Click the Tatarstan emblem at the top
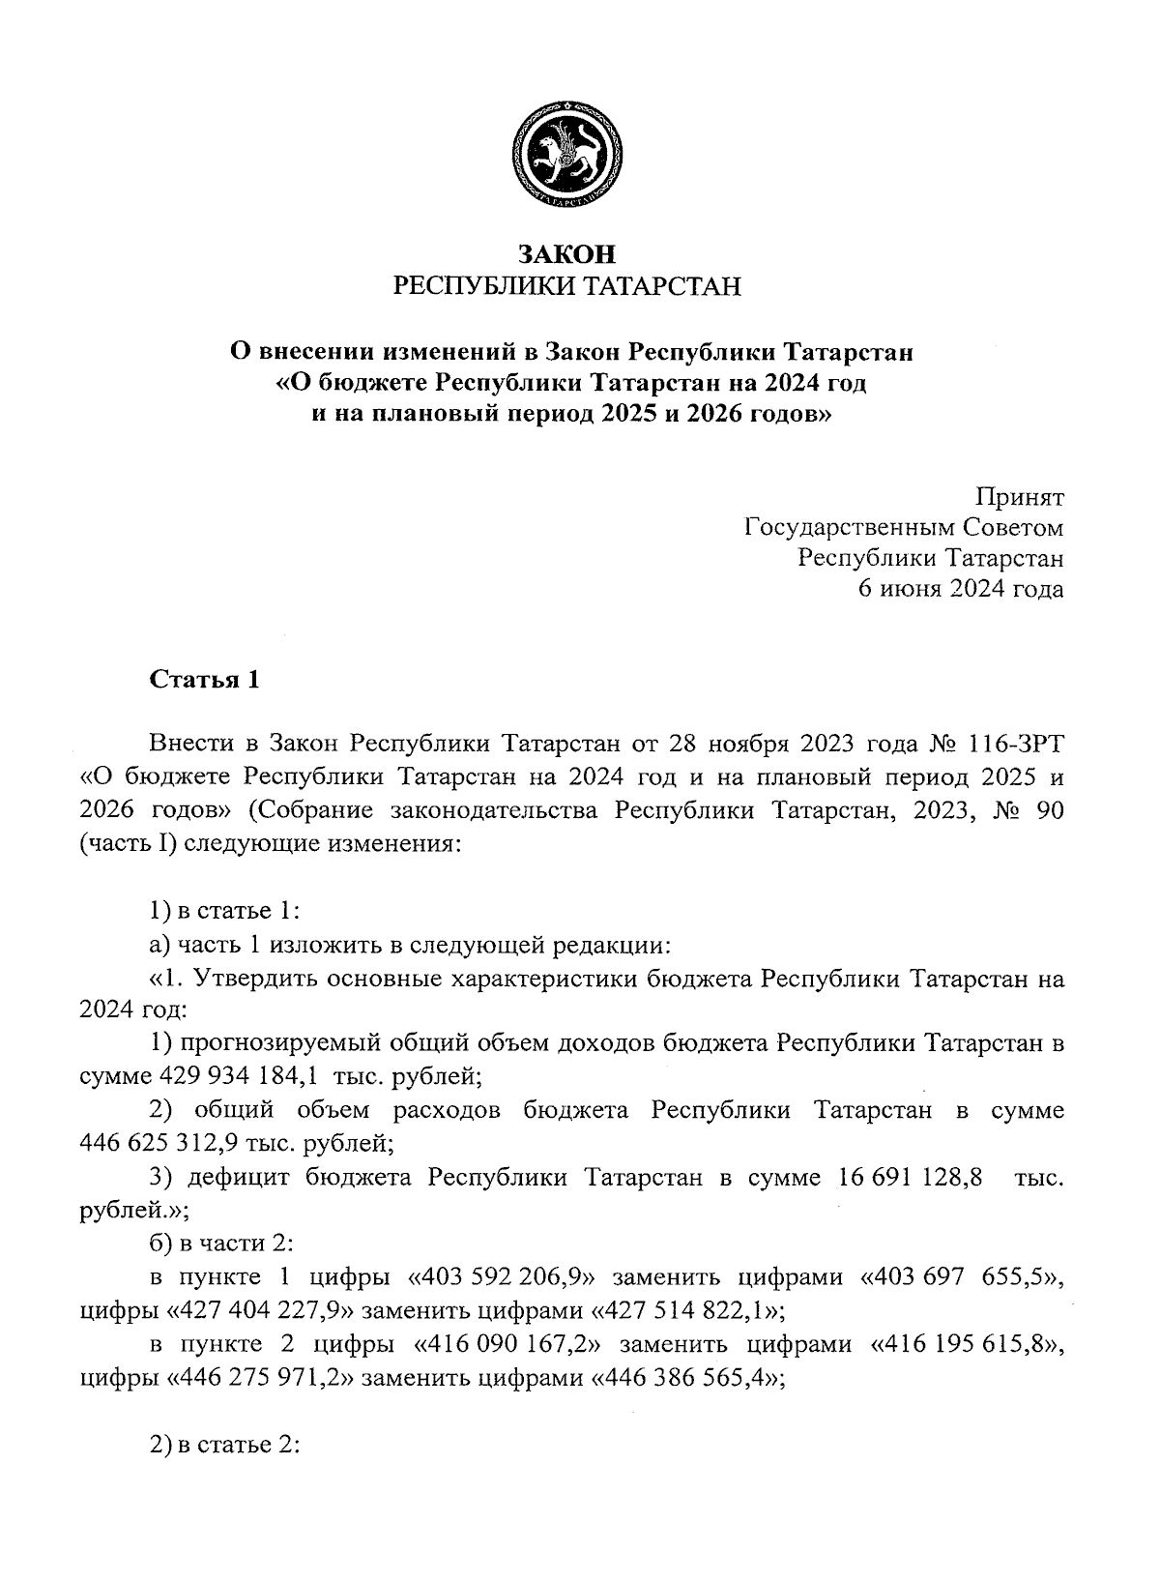coord(566,158)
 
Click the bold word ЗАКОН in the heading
coord(566,254)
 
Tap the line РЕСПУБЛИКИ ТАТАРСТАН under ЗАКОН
coord(566,286)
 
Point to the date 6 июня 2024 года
coord(962,589)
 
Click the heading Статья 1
coord(205,680)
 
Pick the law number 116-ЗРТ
coord(1011,746)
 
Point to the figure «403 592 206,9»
coord(502,1277)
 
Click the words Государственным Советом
coord(904,529)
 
